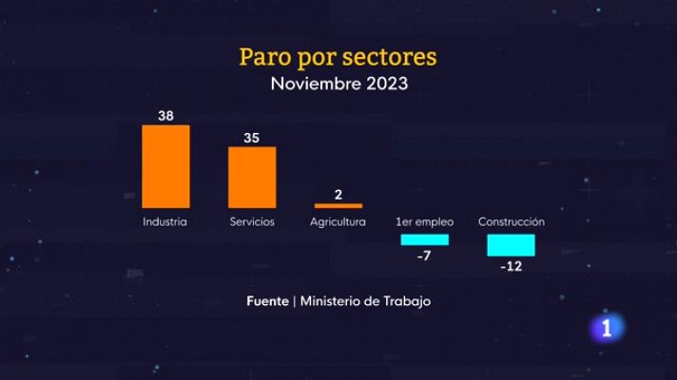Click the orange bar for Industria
165,166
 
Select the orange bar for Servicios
252,177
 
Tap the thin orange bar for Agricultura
338,205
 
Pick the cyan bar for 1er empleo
424,239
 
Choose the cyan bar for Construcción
511,244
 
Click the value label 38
165,115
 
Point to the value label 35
252,137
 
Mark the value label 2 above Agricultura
338,194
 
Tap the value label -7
424,256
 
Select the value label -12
511,266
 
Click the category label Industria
164,222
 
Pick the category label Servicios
252,222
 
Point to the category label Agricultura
338,222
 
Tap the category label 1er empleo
424,222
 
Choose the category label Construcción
511,222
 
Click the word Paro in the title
267,57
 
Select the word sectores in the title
395,57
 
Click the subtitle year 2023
384,84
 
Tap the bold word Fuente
267,300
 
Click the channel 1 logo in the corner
609,329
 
